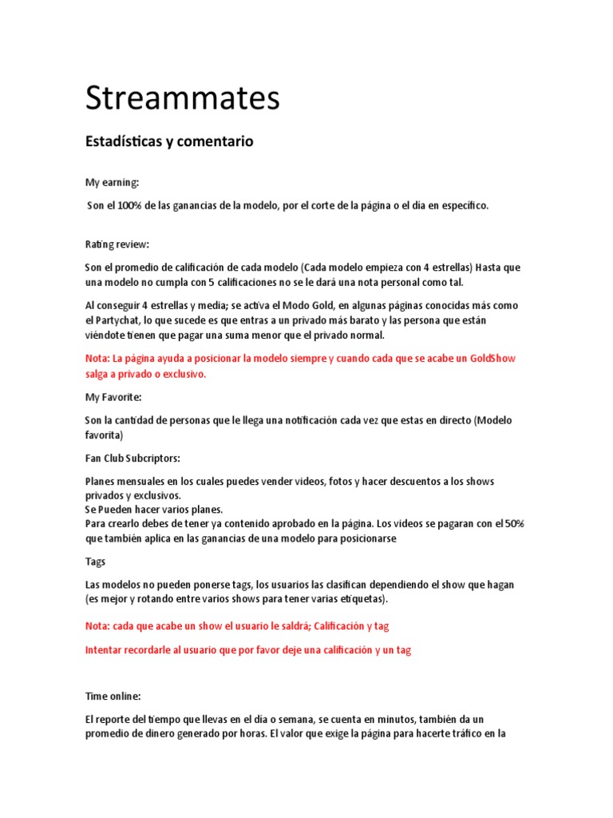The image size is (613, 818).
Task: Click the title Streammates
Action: [183, 99]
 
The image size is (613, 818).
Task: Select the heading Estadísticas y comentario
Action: [168, 141]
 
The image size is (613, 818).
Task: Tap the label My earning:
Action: [112, 183]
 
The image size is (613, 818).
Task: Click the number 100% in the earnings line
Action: [129, 206]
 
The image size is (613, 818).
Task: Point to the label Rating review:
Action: [117, 244]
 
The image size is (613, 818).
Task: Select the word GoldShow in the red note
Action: [497, 359]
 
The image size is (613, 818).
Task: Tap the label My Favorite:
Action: [113, 397]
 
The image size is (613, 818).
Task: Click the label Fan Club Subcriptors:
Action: [132, 459]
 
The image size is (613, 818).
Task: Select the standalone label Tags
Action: [96, 562]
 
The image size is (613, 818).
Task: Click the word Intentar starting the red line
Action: [106, 650]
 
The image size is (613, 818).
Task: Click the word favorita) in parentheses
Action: [104, 435]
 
